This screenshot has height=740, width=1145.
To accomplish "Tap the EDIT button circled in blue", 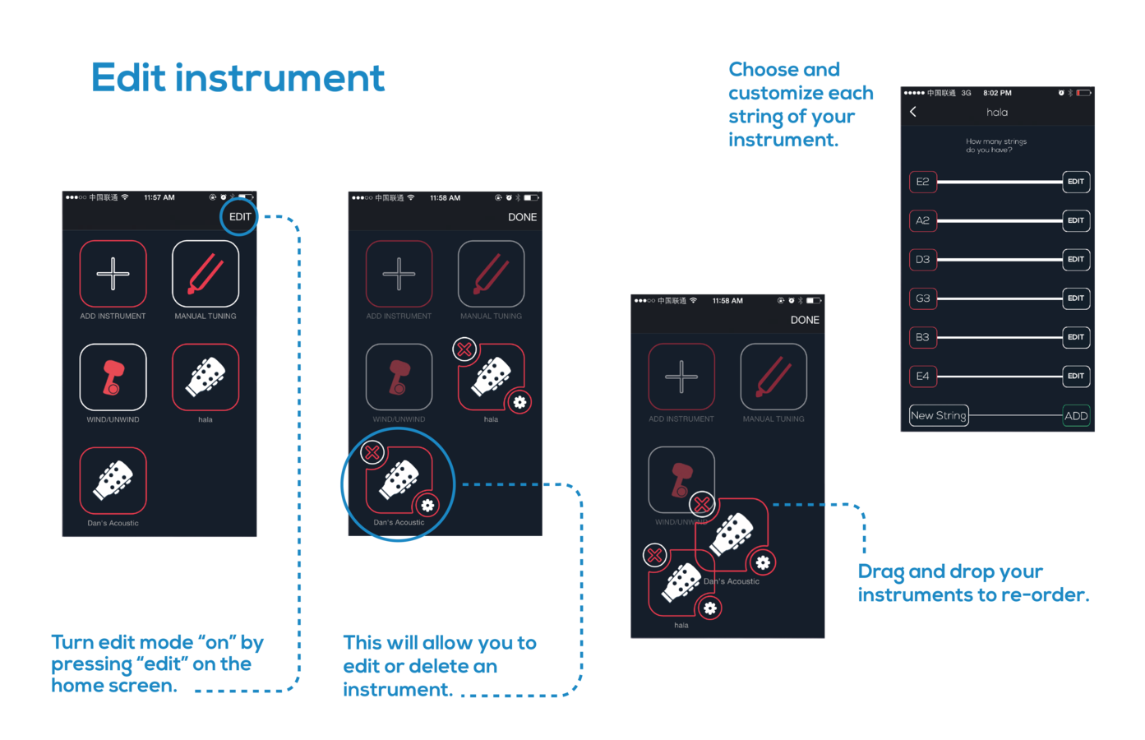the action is pos(240,217).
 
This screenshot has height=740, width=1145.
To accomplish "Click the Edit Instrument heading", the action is pos(238,78).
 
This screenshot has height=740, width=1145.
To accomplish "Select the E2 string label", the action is pos(922,182).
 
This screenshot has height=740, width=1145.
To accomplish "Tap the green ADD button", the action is pos(1076,416).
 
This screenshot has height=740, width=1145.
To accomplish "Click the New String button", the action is pos(938,416).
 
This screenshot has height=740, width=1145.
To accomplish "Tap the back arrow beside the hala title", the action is pos(913,112).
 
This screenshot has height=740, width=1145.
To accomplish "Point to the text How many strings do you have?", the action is pos(996,146).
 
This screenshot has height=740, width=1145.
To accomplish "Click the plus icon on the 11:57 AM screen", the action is pos(113,274).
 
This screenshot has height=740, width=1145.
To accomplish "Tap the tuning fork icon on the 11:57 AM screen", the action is pos(205,274).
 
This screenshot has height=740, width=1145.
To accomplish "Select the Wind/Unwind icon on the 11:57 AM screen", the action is pos(113,377).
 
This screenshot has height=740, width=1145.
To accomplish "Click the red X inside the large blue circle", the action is pos(372,452).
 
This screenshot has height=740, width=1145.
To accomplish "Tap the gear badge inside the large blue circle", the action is pos(427,505).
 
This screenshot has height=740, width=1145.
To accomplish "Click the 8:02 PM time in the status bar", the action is pos(997,93).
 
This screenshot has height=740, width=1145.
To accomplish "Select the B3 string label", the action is pos(922,337).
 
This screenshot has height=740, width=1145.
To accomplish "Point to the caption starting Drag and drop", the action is pos(972,583).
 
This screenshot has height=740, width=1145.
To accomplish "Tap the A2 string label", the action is pos(922,220).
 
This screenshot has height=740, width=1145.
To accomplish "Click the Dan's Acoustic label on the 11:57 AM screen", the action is pos(113,523).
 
